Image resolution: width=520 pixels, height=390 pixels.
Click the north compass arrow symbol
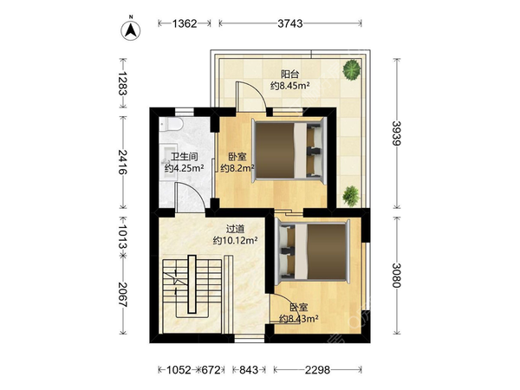point(130,30)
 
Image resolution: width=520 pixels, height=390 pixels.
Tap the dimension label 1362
point(185,23)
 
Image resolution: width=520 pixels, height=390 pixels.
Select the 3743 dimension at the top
point(290,23)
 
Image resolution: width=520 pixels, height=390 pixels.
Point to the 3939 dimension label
point(397,133)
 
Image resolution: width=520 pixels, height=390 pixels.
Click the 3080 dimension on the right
point(397,276)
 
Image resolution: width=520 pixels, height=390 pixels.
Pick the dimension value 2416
point(123,162)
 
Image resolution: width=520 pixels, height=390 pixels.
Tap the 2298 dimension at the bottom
point(318,370)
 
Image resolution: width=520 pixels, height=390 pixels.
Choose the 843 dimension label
point(249,370)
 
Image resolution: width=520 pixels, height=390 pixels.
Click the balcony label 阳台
point(289,74)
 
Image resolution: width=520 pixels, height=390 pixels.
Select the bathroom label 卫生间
point(185,157)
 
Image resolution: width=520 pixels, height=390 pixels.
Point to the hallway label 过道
point(235,229)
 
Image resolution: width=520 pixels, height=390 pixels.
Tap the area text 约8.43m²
point(299,319)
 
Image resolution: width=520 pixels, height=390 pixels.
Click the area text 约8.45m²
point(290,86)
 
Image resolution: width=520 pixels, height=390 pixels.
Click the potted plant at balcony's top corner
point(352,69)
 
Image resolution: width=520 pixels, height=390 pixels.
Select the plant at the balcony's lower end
point(351,196)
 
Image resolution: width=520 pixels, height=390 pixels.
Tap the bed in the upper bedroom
point(289,150)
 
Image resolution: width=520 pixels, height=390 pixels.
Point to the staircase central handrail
point(192,284)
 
